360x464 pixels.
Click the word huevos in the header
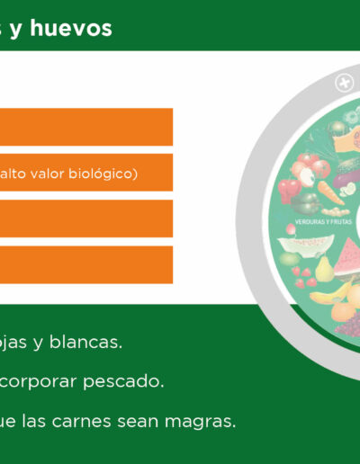71,28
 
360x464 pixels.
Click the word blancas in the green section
85,342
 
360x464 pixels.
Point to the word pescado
123,382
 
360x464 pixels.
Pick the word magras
200,422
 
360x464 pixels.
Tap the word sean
138,421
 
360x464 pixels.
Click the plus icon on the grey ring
345,83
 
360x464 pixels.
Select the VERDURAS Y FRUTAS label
323,222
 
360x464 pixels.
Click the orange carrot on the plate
330,192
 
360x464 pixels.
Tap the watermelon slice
348,257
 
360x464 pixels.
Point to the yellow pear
323,269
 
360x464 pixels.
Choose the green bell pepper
305,203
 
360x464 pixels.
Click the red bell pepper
289,190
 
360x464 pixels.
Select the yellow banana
331,293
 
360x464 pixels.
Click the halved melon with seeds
305,245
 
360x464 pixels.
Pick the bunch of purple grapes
348,326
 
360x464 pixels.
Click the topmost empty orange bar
86,127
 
